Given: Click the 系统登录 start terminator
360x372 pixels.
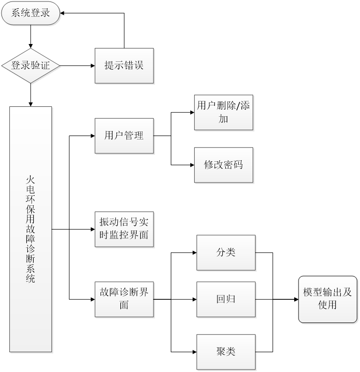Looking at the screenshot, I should [x=31, y=13].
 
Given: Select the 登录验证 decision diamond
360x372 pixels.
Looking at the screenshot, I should [x=31, y=66].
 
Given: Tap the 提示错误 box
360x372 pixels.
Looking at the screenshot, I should [x=124, y=66].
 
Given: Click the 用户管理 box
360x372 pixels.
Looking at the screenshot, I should [x=124, y=136].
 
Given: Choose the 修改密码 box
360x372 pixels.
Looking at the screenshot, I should [x=224, y=165].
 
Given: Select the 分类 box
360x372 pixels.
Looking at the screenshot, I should [x=226, y=252].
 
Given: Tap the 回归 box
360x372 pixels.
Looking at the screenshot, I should [x=226, y=299].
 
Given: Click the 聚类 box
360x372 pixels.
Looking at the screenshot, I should [x=226, y=352].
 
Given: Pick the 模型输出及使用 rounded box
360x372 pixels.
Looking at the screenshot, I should [x=328, y=299].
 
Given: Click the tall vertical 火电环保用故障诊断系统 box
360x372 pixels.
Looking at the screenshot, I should [x=31, y=230].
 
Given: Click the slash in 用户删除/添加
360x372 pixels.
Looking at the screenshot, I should [x=238, y=105].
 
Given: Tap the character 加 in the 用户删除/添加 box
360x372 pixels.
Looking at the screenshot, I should [x=224, y=119].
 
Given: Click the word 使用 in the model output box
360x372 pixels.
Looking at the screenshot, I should [x=328, y=305].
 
